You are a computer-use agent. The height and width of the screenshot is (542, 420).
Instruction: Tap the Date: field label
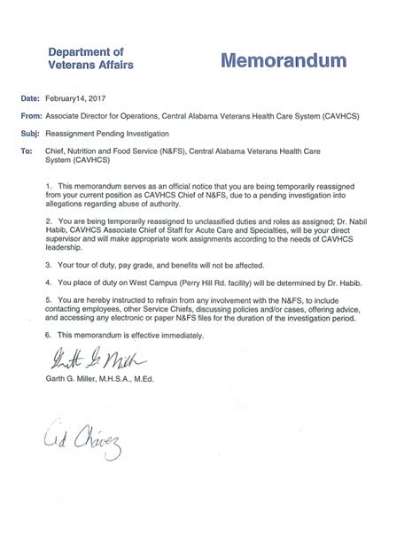pos(28,101)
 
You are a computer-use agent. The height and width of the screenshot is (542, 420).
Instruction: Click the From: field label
pos(29,117)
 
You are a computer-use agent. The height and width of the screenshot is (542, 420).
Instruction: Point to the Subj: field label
pos(29,133)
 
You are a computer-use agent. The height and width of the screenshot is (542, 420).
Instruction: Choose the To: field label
pos(25,151)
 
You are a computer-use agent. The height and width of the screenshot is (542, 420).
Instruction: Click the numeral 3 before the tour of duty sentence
pos(46,265)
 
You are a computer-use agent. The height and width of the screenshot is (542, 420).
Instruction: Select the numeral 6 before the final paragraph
pos(46,335)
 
